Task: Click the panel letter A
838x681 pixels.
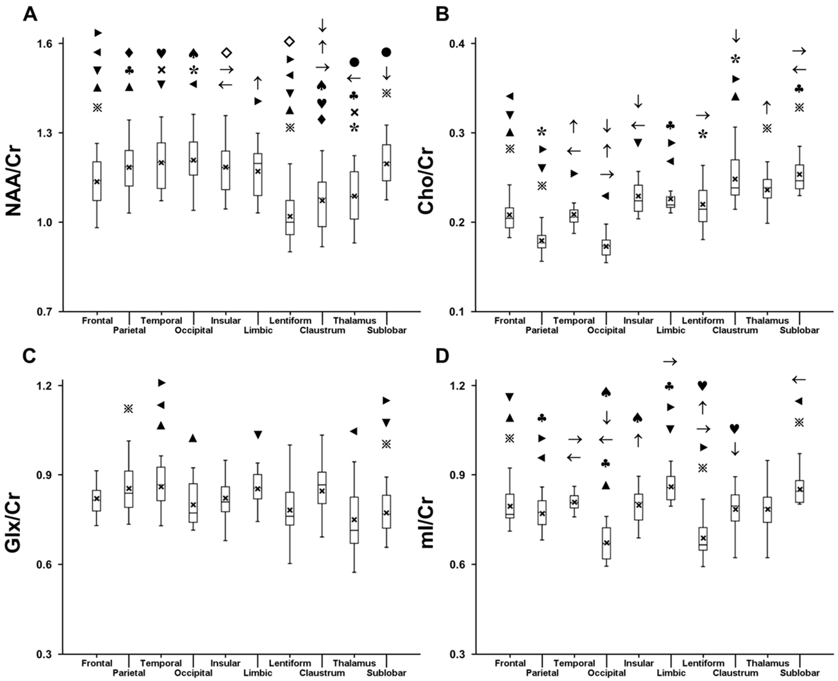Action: [x=30, y=15]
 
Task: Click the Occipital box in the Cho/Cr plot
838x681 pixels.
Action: [x=606, y=247]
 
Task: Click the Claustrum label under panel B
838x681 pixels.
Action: [x=735, y=330]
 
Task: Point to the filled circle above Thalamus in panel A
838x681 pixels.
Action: [x=354, y=62]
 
